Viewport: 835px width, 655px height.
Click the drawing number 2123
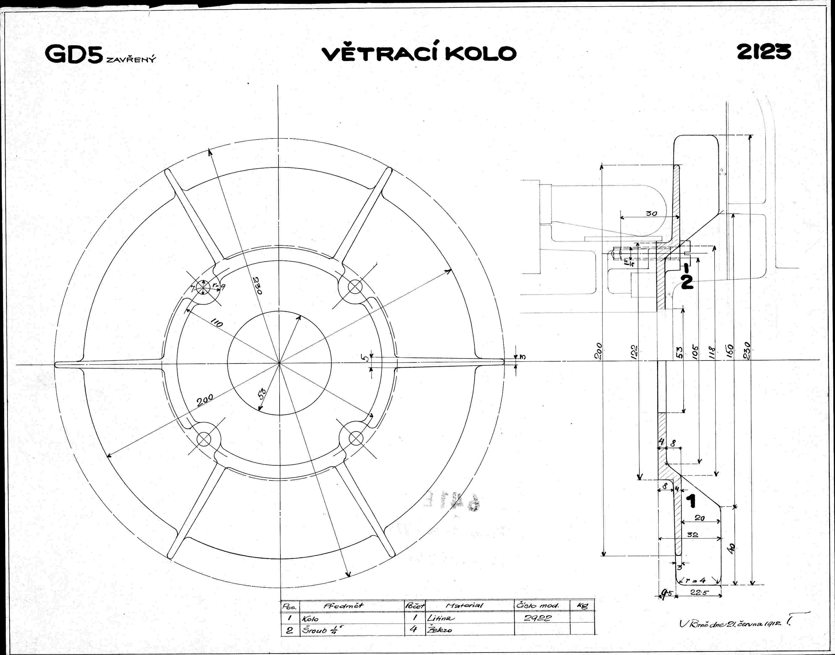point(764,52)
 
